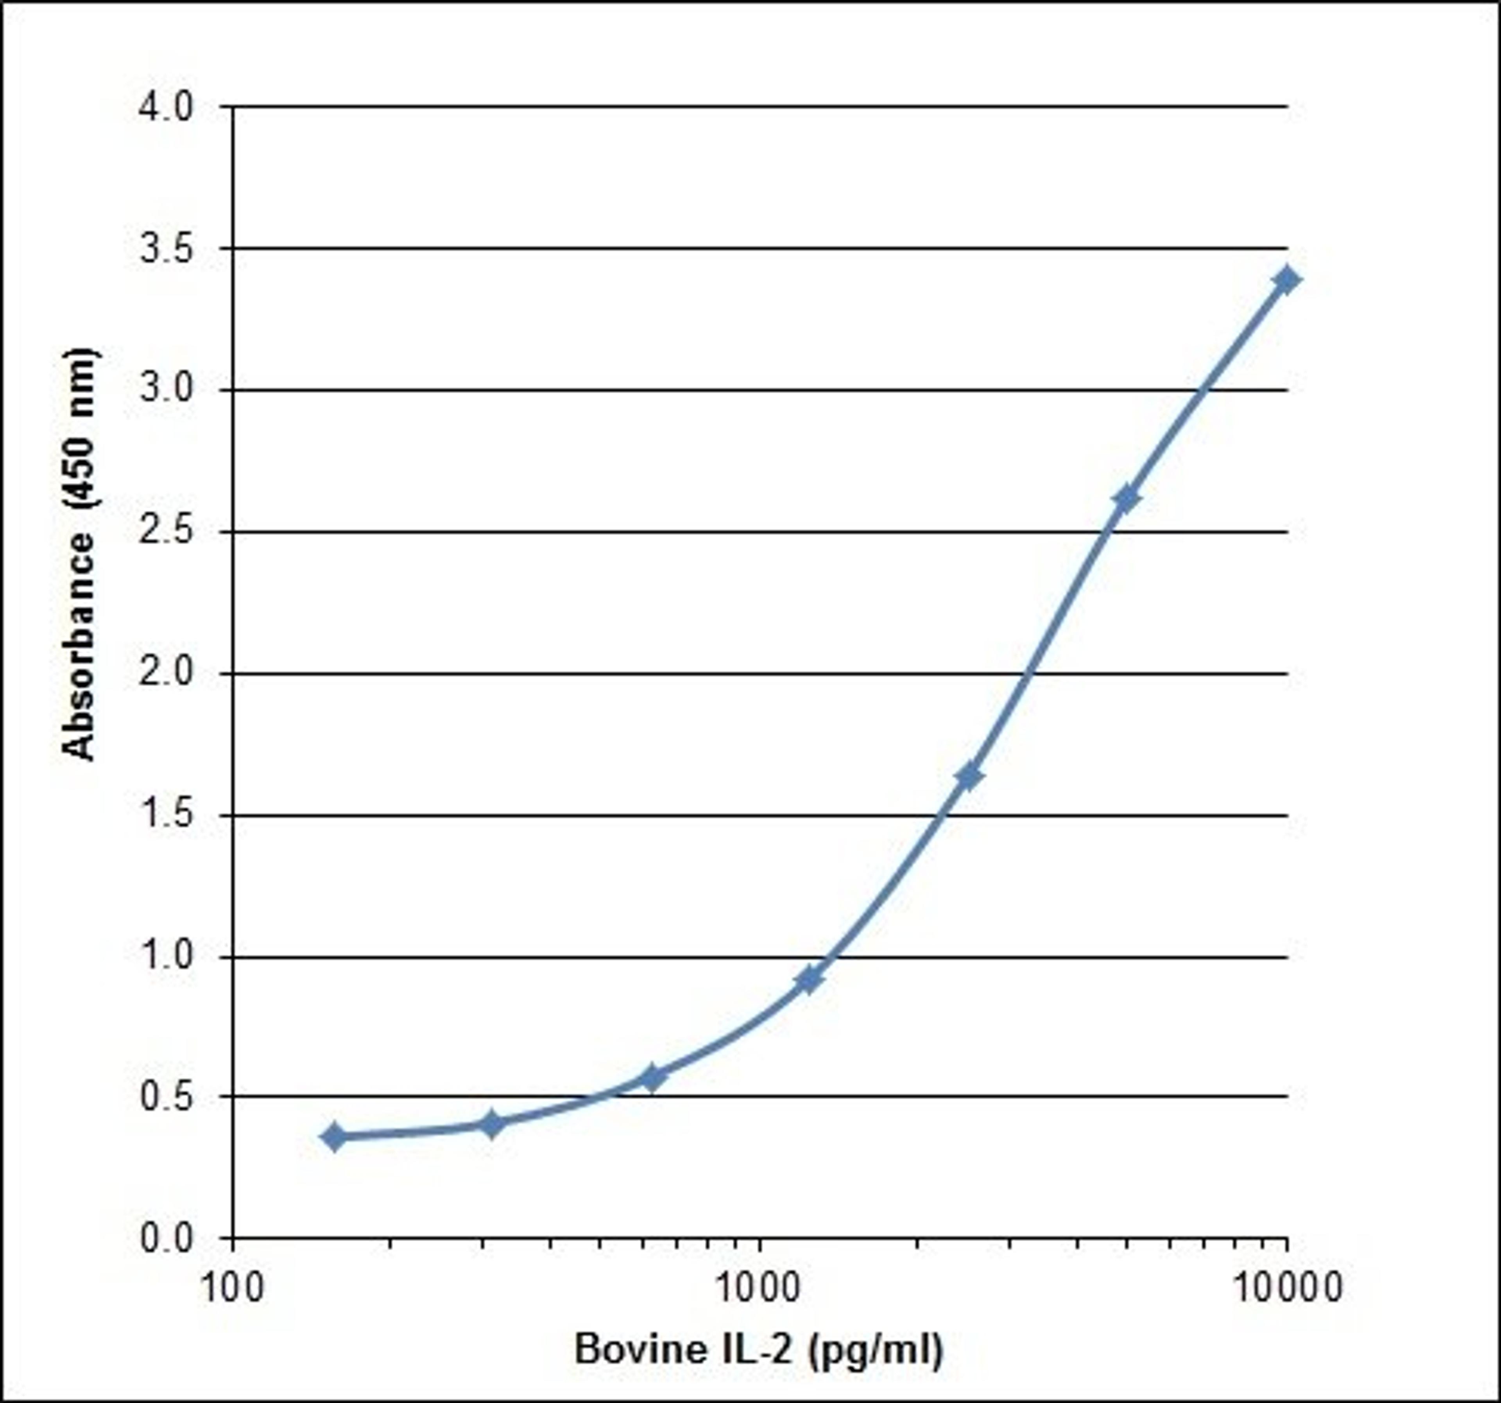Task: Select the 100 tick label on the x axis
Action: [x=233, y=1288]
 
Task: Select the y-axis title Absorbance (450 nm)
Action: [x=79, y=555]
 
